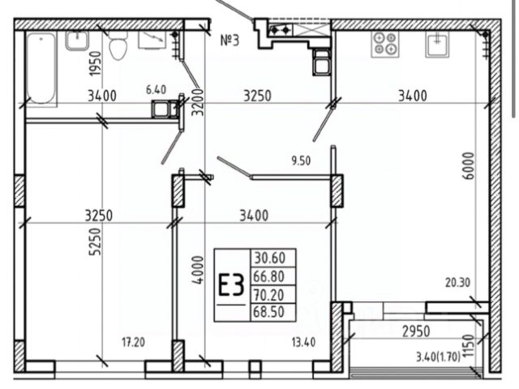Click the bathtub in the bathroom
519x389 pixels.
tap(41, 69)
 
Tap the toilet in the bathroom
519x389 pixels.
tap(118, 46)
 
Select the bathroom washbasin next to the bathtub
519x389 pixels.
tap(78, 41)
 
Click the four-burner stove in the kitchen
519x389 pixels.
tap(385, 44)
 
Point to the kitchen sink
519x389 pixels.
tap(437, 45)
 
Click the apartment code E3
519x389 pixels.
tap(231, 285)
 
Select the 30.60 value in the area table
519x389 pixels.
tap(270, 258)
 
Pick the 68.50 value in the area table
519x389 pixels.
tap(268, 312)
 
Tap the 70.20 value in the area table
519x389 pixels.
tap(268, 294)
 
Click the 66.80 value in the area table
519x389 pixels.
tap(268, 276)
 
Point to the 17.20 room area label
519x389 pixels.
tap(133, 342)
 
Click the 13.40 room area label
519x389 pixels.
tap(303, 342)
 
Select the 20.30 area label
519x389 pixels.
tap(457, 283)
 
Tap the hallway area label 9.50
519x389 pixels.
tap(301, 161)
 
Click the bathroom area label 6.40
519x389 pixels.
tap(157, 90)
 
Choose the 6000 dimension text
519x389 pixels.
tap(469, 165)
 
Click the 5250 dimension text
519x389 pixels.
tap(96, 242)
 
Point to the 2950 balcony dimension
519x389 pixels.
tap(416, 331)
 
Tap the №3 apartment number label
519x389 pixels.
tap(229, 41)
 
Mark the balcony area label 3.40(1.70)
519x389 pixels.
tap(438, 357)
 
